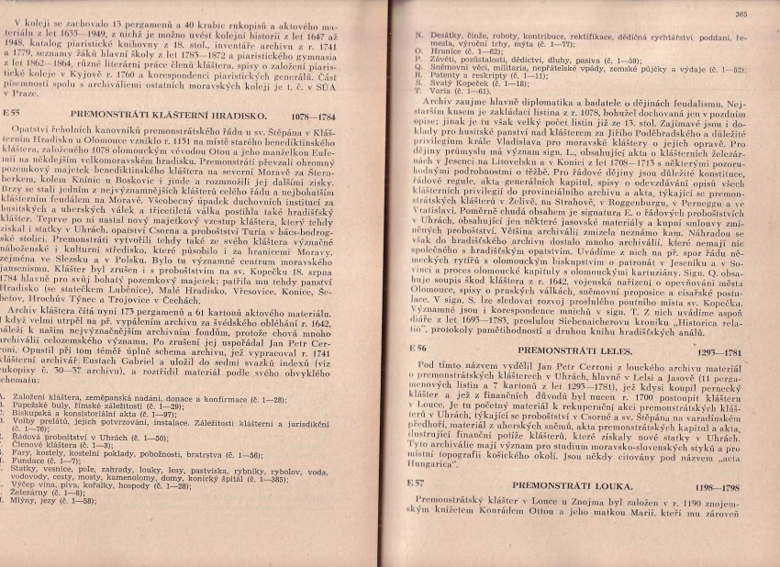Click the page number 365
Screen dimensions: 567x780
[x=741, y=14]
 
